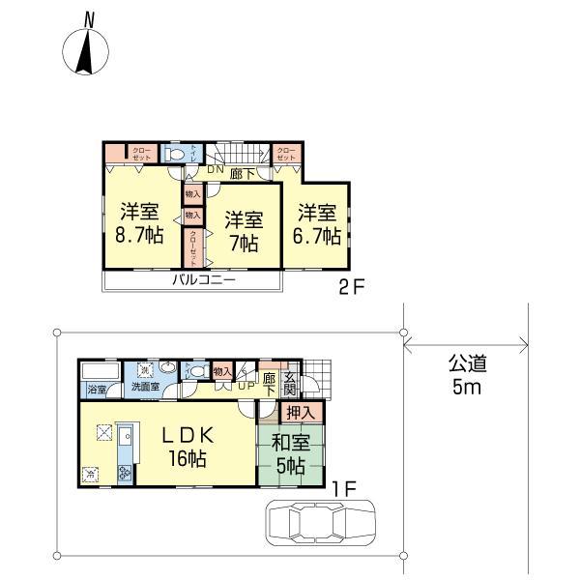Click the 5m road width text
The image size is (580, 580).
[465, 389]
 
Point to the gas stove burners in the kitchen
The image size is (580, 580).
[125, 473]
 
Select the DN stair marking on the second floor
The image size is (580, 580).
[215, 168]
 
